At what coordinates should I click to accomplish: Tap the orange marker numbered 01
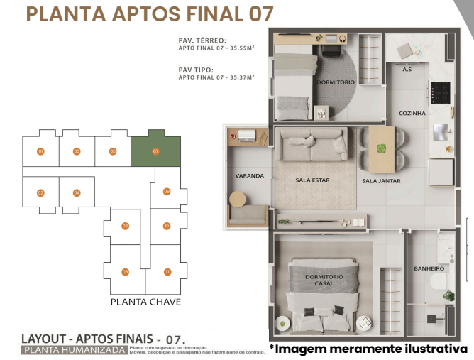coord(41,151)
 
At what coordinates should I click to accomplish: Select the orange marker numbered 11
coord(167,272)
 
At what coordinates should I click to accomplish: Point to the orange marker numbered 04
coord(77,192)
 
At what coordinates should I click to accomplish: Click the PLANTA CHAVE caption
coord(145,302)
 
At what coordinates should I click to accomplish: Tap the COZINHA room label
coord(412,113)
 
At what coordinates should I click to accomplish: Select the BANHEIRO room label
coord(429,268)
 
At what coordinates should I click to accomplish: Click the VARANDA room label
coord(249,175)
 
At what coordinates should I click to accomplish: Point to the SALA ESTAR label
coord(312,180)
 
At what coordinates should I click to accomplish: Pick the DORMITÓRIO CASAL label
coord(324,280)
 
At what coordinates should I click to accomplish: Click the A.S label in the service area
coord(407,70)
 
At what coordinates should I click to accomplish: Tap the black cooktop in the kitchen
coord(441,93)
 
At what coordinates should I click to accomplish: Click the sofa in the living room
coord(312,146)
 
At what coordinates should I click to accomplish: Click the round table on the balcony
coord(237,200)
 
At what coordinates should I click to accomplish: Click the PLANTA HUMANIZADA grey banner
coord(75,350)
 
